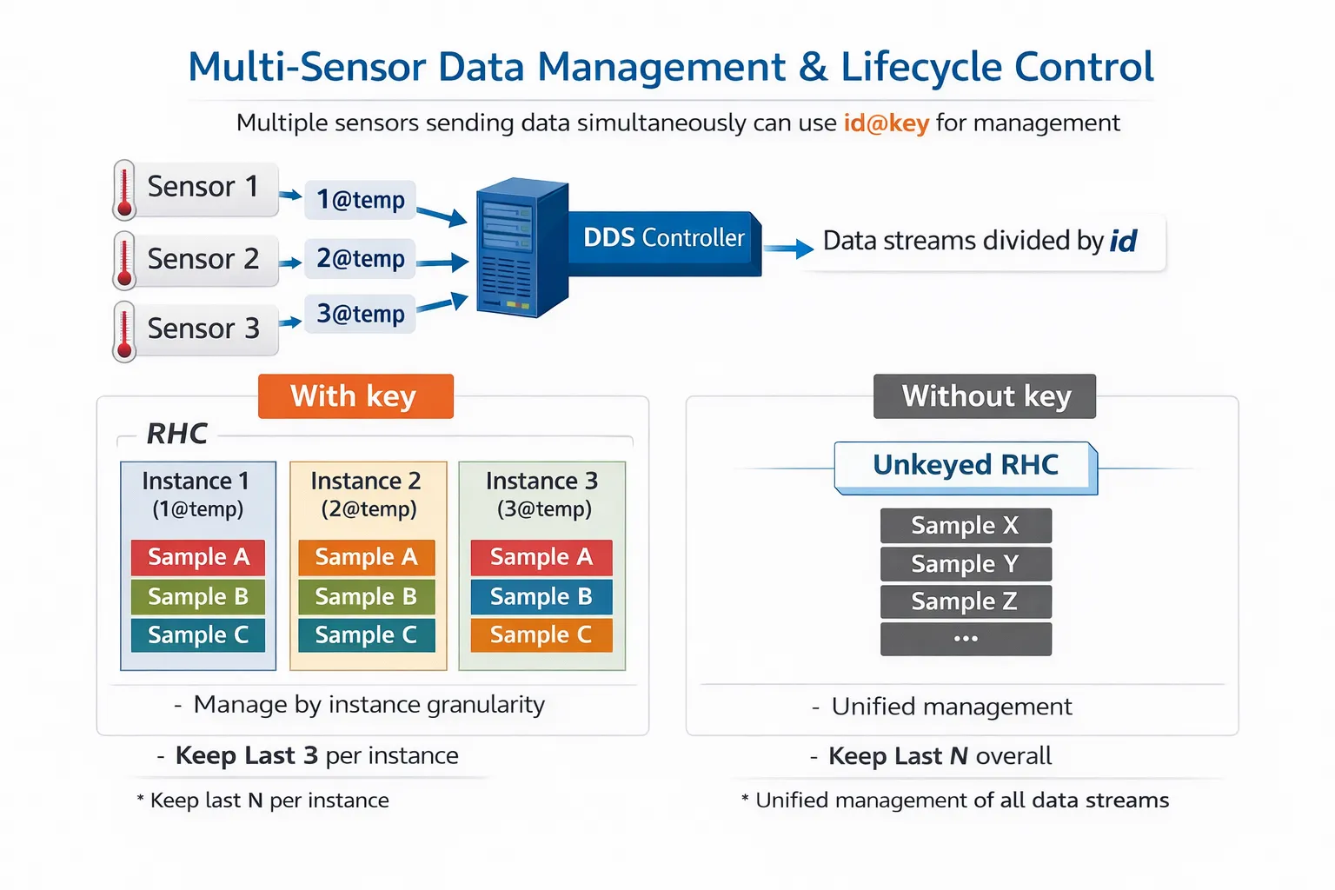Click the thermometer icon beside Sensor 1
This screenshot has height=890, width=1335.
click(x=124, y=189)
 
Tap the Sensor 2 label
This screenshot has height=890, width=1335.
click(x=203, y=259)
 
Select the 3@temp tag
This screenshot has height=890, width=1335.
click(x=360, y=314)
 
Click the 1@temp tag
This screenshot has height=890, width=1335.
click(x=360, y=200)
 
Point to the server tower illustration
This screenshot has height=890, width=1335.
click(x=520, y=248)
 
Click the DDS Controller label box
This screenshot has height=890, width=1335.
click(x=664, y=238)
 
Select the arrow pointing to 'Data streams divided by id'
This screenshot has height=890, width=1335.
click(x=788, y=249)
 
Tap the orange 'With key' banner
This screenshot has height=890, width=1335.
click(x=355, y=396)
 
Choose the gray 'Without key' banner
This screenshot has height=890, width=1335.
click(x=985, y=396)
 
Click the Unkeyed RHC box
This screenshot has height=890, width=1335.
click(x=965, y=466)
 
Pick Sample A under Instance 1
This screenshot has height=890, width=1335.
click(x=198, y=557)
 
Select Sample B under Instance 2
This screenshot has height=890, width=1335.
click(x=366, y=597)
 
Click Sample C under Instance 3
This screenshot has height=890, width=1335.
click(x=541, y=635)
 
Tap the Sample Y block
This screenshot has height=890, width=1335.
click(x=965, y=564)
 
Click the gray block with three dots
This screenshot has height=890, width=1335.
click(x=965, y=639)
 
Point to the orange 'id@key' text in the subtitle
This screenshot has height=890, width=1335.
click(x=886, y=123)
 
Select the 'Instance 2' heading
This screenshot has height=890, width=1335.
click(x=366, y=481)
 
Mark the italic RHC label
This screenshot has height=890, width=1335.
click(x=176, y=433)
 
